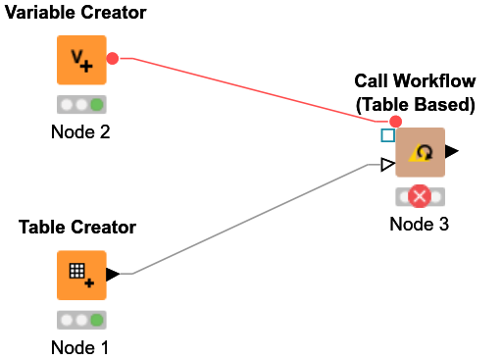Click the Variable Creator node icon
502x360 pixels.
(x=81, y=61)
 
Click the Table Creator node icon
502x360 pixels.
(x=81, y=275)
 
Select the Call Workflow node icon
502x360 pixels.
(x=420, y=152)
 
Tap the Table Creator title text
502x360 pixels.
(x=77, y=228)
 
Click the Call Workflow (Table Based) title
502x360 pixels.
(x=415, y=93)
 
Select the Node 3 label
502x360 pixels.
(x=419, y=225)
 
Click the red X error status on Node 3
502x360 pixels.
(x=420, y=197)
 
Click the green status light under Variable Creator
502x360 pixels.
(x=96, y=105)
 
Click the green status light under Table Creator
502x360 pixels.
(x=96, y=319)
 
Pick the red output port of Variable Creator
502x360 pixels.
(x=113, y=59)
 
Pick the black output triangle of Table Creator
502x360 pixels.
(x=113, y=275)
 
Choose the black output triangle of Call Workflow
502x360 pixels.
(x=451, y=152)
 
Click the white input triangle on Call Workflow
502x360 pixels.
(x=388, y=164)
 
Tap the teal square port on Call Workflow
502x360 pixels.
(x=387, y=136)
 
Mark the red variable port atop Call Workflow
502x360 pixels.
(x=395, y=122)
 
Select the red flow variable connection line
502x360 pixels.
(x=255, y=87)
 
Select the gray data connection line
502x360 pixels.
(x=255, y=222)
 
